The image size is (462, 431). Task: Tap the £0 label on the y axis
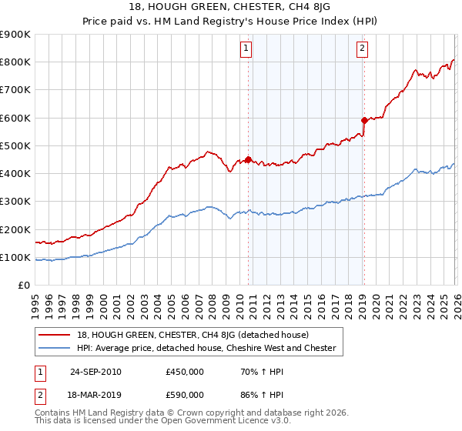tap(23, 286)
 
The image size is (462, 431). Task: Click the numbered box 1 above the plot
tap(246, 49)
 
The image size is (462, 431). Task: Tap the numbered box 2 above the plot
tap(362, 49)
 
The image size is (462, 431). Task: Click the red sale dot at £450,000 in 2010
tap(248, 160)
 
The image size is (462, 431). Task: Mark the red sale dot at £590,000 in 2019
tap(363, 121)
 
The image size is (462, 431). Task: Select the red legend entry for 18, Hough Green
tap(192, 335)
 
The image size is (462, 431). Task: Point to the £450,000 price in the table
tap(185, 372)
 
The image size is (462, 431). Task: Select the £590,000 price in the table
tap(185, 394)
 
